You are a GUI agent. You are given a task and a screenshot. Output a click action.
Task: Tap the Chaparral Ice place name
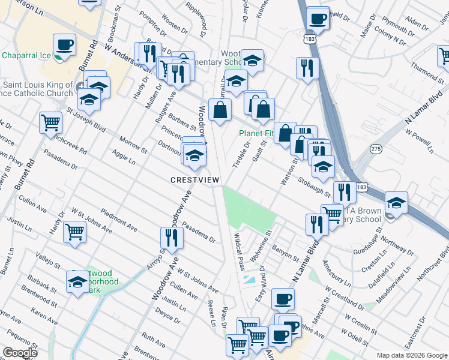click(x=26, y=55)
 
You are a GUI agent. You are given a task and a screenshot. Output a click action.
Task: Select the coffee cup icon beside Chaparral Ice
click(x=65, y=45)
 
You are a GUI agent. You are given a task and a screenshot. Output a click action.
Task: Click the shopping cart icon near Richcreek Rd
click(x=51, y=122)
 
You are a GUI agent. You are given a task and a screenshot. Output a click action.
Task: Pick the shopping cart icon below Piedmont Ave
click(x=75, y=231)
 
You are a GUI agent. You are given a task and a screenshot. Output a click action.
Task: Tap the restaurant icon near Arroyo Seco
click(x=172, y=238)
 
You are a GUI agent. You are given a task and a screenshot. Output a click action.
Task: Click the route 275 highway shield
click(x=376, y=148)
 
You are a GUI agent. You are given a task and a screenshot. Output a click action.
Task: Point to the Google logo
click(x=20, y=352)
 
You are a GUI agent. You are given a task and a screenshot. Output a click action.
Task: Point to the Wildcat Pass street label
click(x=239, y=251)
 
